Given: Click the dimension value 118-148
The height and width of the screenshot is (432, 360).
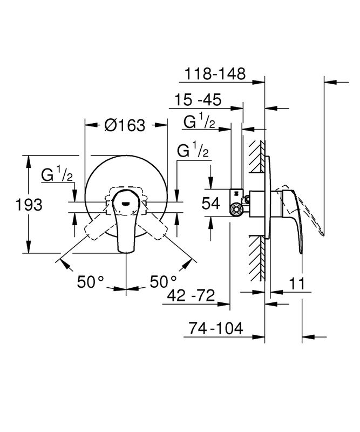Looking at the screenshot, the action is tap(215, 74).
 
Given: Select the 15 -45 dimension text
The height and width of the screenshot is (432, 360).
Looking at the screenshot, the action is tap(198, 100).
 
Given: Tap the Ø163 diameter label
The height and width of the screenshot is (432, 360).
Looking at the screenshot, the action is tap(125, 125).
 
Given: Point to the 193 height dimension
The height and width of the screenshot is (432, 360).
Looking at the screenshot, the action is tap(29, 205).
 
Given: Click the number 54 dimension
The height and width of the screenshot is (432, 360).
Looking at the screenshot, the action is tap(211, 204).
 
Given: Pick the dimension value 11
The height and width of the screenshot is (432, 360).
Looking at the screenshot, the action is tap(297, 283).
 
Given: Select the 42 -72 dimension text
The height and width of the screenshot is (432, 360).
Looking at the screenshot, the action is tap(191, 295).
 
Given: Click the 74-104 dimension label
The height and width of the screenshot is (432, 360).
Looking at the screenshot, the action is tap(216, 328).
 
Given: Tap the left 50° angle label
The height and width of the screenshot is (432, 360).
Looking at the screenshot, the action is tap(90, 282).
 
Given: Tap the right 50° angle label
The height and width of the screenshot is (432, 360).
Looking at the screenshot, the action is tap(163, 282).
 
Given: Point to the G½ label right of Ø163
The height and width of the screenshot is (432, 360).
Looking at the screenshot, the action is tap(193, 149).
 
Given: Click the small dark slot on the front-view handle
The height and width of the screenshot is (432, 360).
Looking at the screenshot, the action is tap(126, 204).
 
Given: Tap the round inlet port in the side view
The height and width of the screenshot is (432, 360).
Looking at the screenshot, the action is tap(236, 210).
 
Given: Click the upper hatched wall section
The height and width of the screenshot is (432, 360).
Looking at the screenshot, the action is tap(257, 157).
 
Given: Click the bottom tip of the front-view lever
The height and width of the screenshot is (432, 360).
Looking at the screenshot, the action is tap(126, 252).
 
